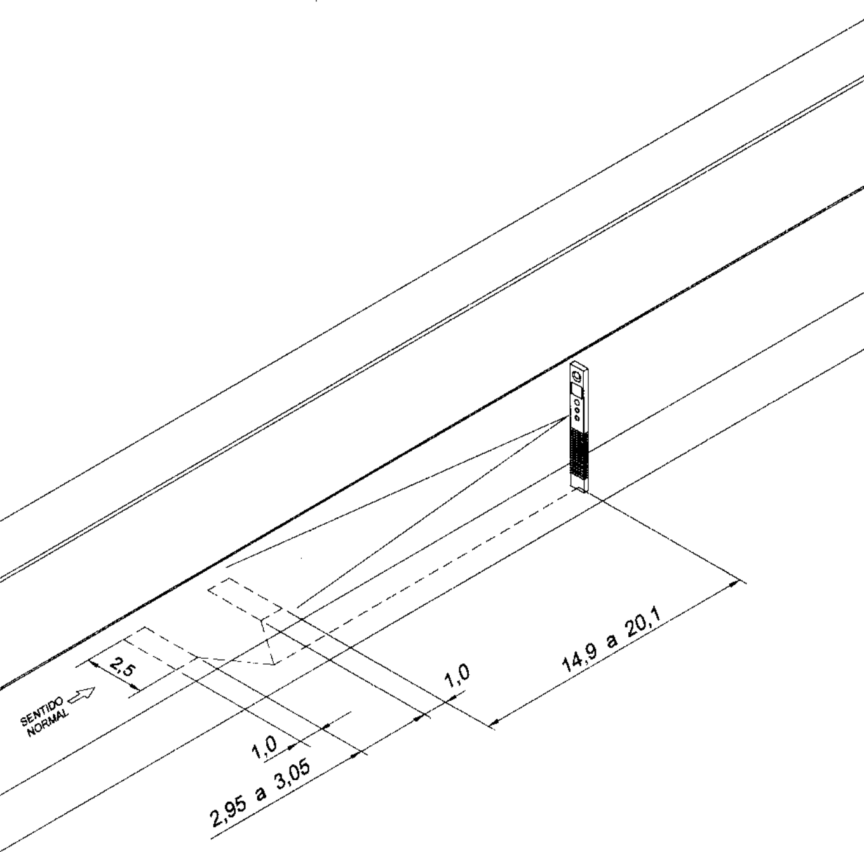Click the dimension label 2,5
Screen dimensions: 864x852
(x=123, y=666)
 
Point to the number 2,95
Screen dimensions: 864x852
(x=229, y=806)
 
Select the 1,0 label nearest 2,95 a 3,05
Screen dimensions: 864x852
(x=264, y=746)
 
